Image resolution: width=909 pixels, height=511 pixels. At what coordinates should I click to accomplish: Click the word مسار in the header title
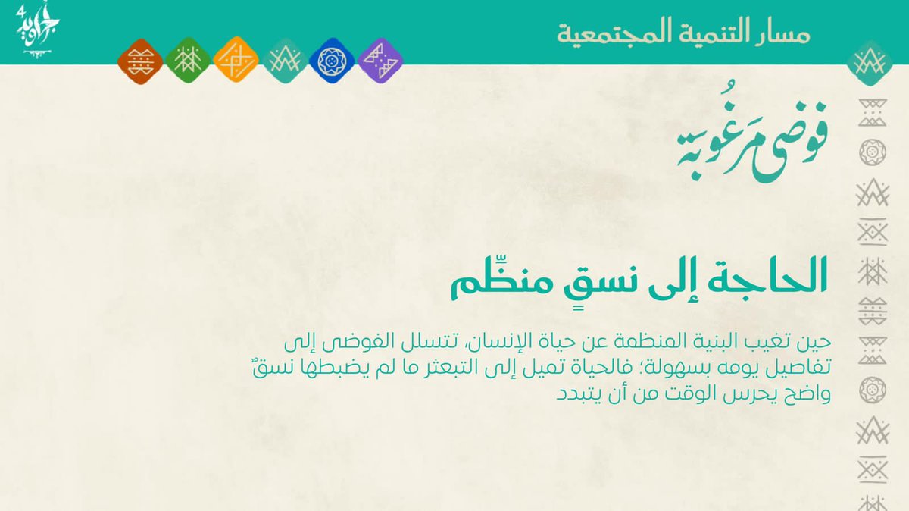(783, 33)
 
